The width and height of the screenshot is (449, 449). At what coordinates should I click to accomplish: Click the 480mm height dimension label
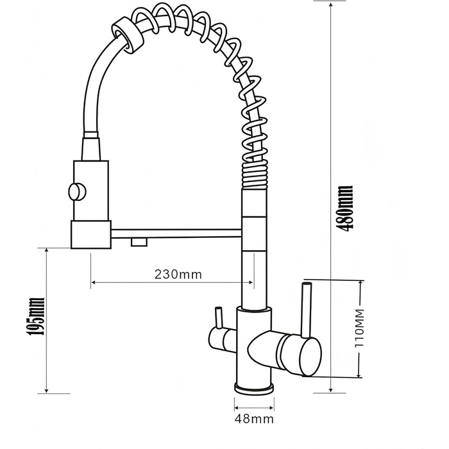click(x=345, y=208)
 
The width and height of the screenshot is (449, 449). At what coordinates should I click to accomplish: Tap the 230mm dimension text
click(x=178, y=275)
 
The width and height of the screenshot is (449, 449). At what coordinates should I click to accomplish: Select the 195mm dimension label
click(x=36, y=316)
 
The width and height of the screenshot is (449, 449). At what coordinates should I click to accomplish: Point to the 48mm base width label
click(x=254, y=419)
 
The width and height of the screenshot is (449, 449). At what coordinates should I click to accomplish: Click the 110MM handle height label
click(x=359, y=328)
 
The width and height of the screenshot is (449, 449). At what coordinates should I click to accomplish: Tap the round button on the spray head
click(x=77, y=192)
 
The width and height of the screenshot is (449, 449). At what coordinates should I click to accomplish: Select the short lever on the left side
click(x=218, y=318)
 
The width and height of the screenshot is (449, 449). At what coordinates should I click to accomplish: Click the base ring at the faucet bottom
click(x=254, y=389)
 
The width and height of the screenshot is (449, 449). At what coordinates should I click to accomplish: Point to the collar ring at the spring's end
click(x=128, y=35)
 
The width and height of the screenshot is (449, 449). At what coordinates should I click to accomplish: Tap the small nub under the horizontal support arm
click(x=139, y=242)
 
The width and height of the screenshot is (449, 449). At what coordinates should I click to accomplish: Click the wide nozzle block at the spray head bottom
click(x=91, y=234)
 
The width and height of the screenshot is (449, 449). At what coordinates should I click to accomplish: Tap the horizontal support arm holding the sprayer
click(x=176, y=233)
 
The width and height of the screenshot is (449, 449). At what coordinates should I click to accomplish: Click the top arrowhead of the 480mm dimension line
click(x=331, y=5)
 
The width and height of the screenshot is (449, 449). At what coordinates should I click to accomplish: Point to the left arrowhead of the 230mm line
click(x=94, y=283)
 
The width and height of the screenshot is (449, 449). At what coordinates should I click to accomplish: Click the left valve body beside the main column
click(x=223, y=339)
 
